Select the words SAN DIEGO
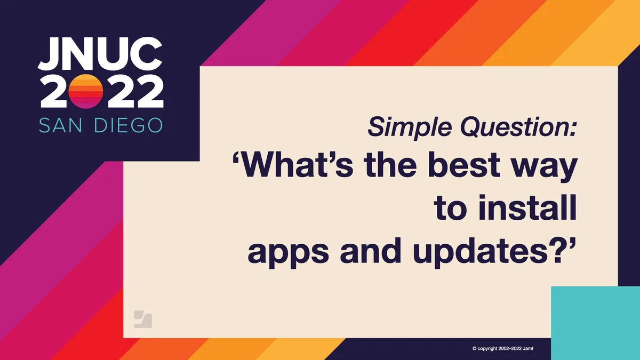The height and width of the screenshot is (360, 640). pos(100,126)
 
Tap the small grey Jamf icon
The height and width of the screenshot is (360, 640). pos(143,318)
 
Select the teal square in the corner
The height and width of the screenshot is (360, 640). pos(595,323)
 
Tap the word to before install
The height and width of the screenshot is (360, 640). pos(451,210)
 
